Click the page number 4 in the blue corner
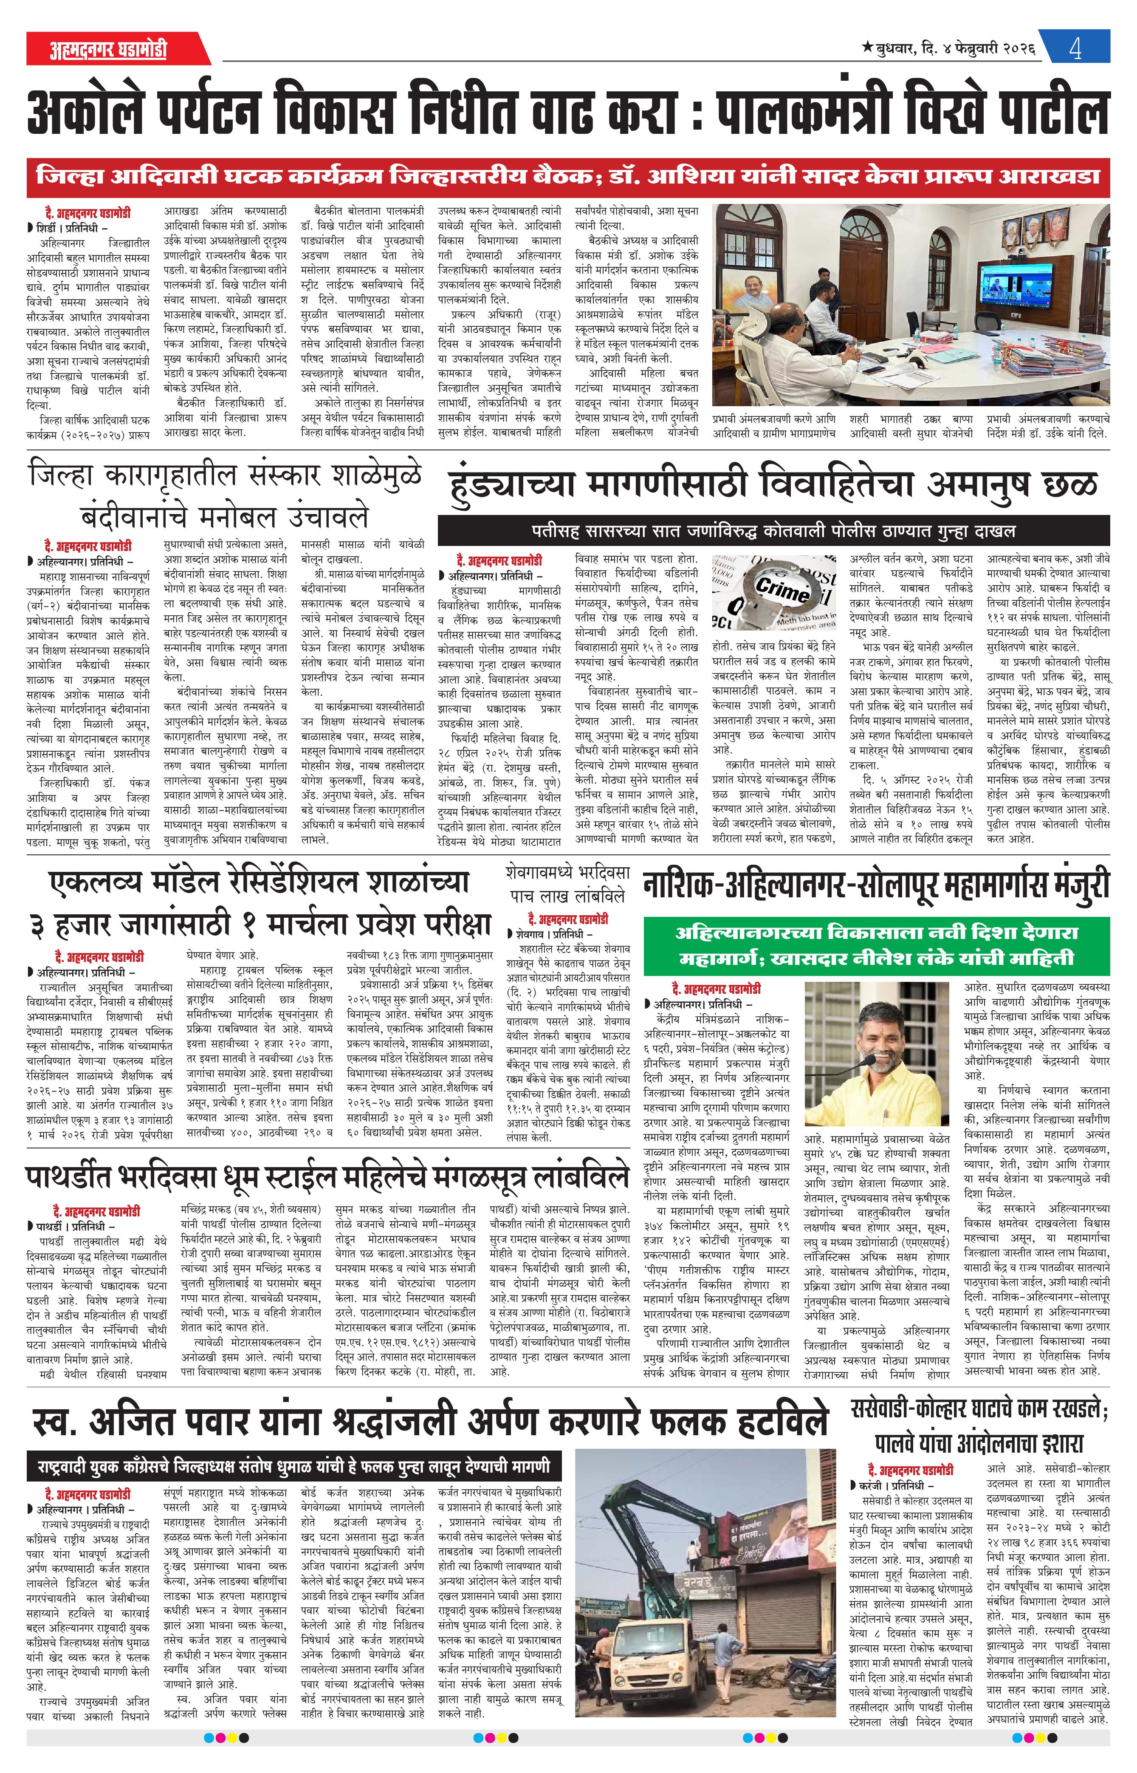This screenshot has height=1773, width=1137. click(1074, 50)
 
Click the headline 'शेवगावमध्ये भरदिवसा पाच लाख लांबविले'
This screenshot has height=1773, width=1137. click(565, 883)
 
